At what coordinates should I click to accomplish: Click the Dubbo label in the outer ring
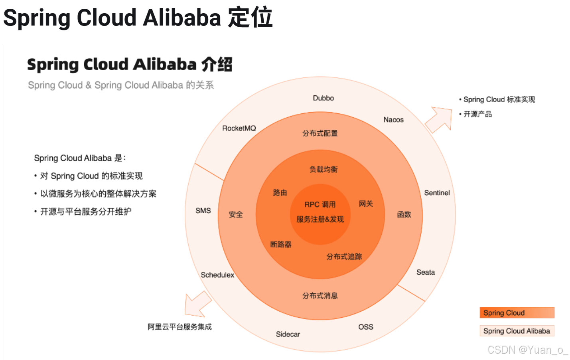coord(323,98)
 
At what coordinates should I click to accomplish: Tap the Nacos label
coord(393,120)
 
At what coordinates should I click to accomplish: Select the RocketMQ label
coord(239,128)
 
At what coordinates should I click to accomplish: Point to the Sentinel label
coord(437,193)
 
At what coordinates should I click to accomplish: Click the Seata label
coord(426,272)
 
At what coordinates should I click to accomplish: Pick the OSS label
coord(365,327)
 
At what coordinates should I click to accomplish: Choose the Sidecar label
coord(288,334)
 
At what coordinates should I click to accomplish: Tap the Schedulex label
coord(217,275)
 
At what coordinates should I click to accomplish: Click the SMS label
coord(203,211)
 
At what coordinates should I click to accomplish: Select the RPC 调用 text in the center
coord(320,205)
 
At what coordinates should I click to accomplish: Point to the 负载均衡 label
coord(323,169)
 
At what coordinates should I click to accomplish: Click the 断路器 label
coord(281,244)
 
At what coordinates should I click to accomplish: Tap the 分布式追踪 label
coord(344,257)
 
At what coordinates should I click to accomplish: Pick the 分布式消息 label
coord(320,296)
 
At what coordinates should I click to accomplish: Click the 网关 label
coord(366,204)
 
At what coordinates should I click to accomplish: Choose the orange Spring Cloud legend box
coord(517,313)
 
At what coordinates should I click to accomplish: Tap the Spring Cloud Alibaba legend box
coord(517,331)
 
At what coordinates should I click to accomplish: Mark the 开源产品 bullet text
coord(477,115)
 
